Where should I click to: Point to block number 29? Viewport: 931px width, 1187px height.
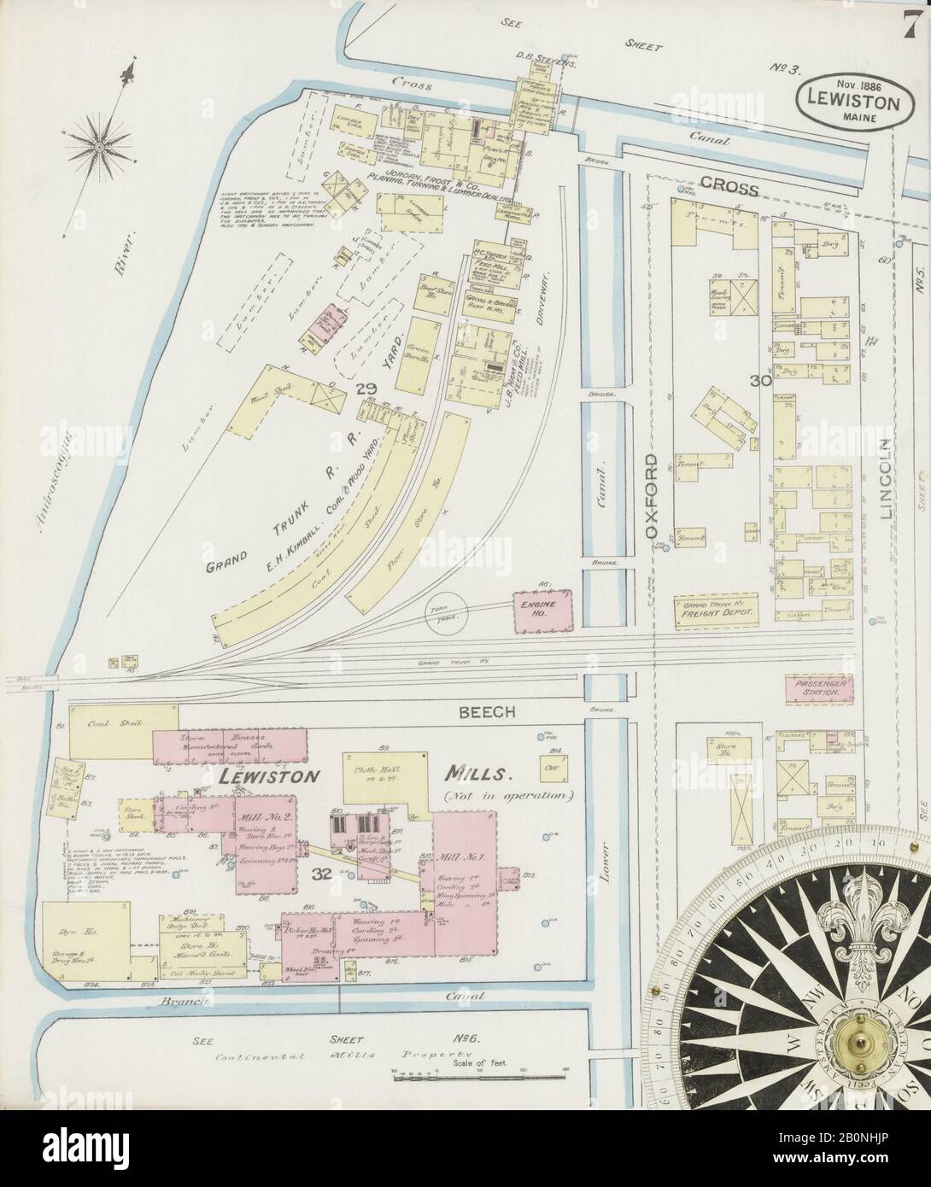coord(366,389)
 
